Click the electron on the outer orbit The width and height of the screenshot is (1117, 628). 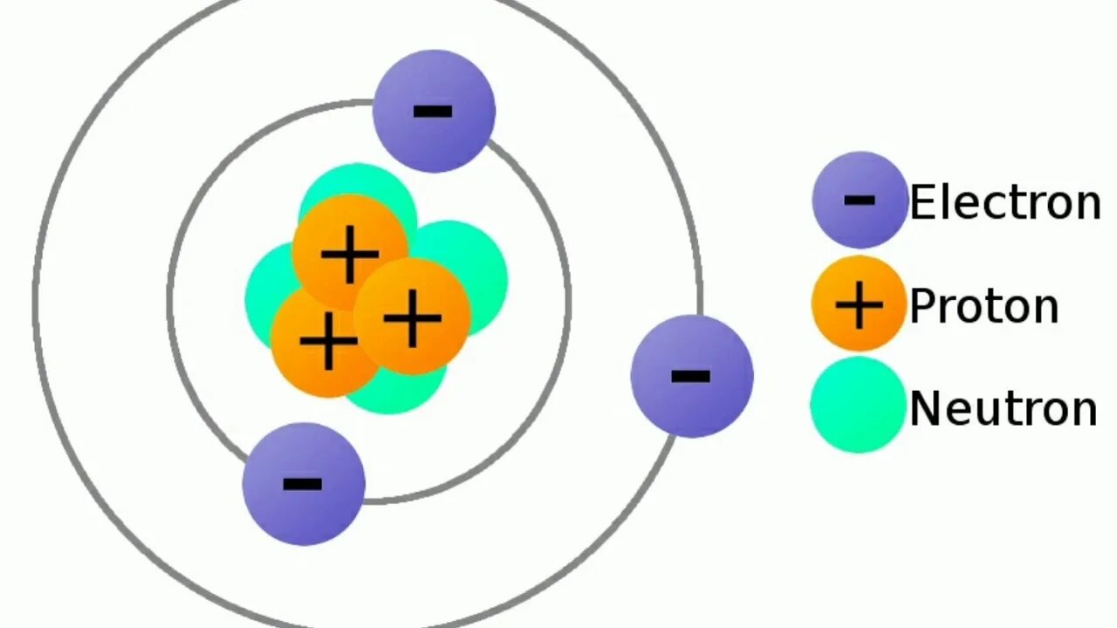(691, 376)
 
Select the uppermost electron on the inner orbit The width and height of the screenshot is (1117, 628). (434, 111)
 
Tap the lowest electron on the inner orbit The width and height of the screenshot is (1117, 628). (303, 484)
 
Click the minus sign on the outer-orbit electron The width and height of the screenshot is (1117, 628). (690, 377)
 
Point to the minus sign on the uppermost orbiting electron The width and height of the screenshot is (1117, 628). (433, 111)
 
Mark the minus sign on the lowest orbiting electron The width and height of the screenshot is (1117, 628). (302, 484)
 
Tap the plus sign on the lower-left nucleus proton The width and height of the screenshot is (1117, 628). (328, 341)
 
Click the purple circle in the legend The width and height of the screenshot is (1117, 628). (860, 200)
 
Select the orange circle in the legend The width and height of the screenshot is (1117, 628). (859, 304)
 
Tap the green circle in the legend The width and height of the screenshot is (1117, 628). (858, 406)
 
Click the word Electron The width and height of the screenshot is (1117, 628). (1004, 202)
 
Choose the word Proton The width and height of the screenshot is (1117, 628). (983, 306)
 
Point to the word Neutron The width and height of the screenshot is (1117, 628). (1003, 408)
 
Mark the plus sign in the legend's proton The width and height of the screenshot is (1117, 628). (859, 304)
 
